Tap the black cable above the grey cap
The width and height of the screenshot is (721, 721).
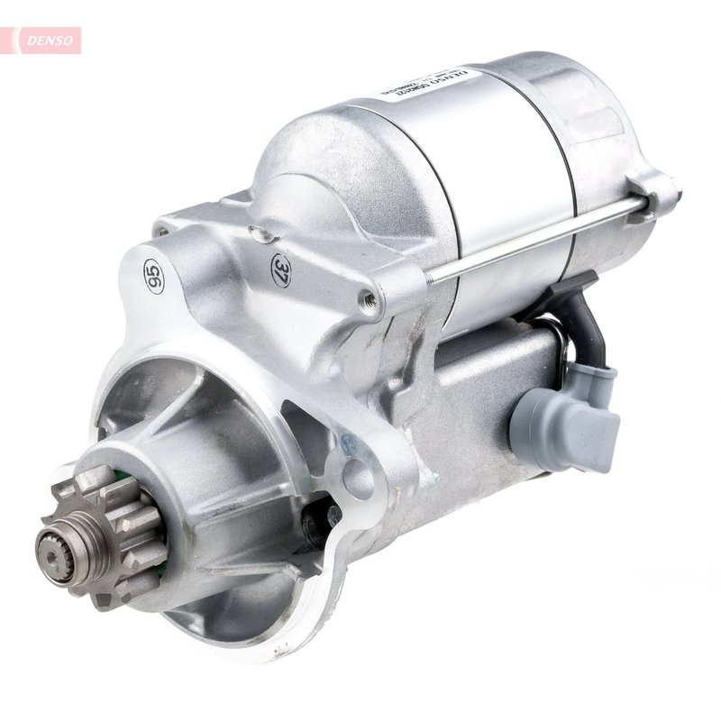[586, 320]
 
